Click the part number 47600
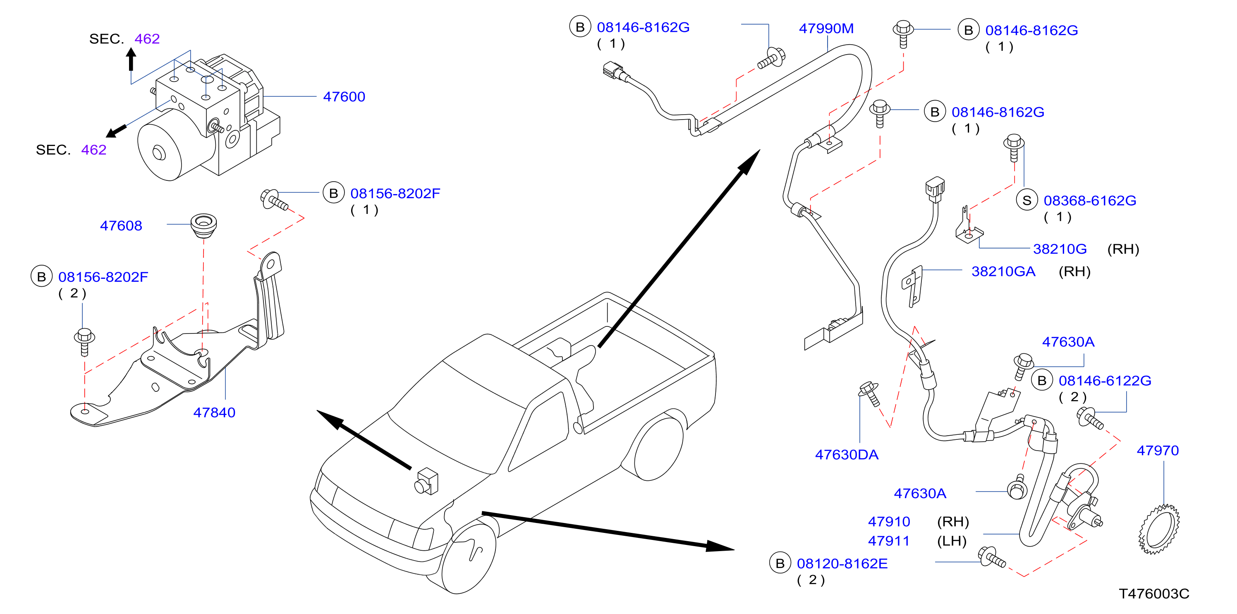pos(344,96)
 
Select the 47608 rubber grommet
pos(203,225)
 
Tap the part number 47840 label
pos(214,412)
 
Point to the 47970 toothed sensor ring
pos(1159,529)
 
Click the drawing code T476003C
pos(1154,594)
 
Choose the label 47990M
pos(826,29)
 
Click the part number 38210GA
pos(1003,271)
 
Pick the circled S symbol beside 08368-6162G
pos(1026,200)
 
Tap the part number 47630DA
pos(847,454)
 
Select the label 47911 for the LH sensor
pos(889,541)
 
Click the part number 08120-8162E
pos(842,564)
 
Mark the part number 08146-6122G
pos(1105,381)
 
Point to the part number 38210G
pos(1060,249)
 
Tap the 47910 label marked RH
pos(889,521)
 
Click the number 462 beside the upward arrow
pos(147,38)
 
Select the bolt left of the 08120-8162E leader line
pos(992,557)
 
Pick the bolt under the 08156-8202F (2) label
pos(84,342)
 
